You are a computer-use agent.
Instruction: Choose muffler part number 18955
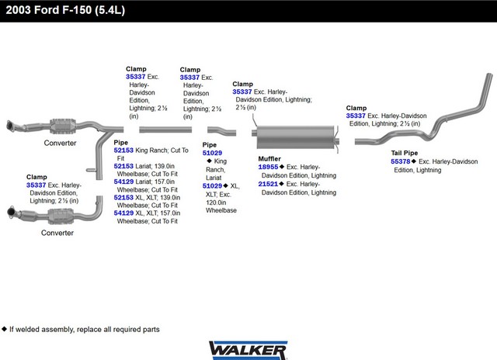[268, 167]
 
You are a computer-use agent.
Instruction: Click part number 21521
[268, 184]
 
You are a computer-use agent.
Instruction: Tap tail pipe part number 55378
[401, 161]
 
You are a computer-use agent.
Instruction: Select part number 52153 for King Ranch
[123, 150]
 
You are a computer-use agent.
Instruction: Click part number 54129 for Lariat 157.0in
[123, 182]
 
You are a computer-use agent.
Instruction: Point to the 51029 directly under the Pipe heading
[213, 153]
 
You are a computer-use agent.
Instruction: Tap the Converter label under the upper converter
[60, 144]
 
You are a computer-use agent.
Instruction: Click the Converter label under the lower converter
[57, 233]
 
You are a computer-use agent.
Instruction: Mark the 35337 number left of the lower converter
[36, 185]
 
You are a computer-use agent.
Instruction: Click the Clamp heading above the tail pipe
[356, 108]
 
